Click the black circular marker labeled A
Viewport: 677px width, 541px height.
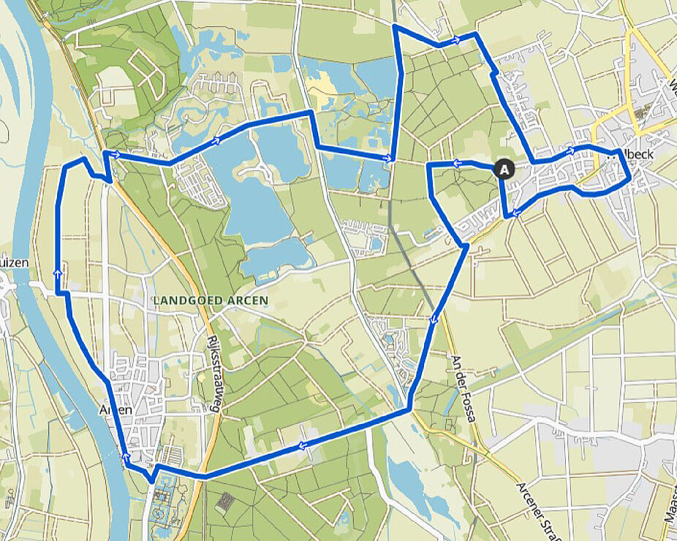click(x=504, y=169)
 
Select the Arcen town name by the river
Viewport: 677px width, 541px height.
click(x=115, y=410)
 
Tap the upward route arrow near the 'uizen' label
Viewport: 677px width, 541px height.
click(x=57, y=272)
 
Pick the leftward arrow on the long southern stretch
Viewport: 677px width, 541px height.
click(x=300, y=447)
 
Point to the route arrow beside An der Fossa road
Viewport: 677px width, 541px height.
click(x=434, y=318)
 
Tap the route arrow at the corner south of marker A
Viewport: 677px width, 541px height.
click(x=515, y=213)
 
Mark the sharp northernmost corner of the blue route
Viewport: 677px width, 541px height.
click(x=395, y=26)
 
